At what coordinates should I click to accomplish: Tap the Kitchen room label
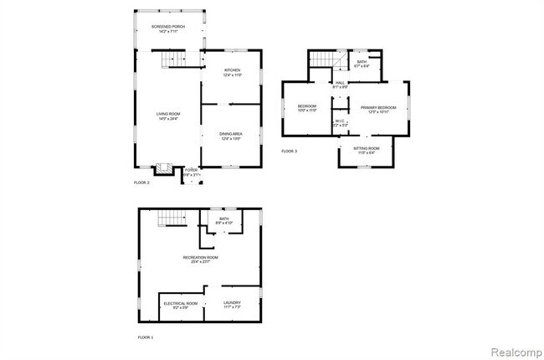[x=232, y=72]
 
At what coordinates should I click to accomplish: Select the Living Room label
[x=168, y=116]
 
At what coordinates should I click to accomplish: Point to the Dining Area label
[x=232, y=136]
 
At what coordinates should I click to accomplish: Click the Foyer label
[x=192, y=172]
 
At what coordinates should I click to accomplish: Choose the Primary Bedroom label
[x=378, y=110]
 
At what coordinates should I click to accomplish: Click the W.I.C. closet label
[x=340, y=123]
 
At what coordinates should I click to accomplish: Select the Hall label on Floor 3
[x=341, y=85]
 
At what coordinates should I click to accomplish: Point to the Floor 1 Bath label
[x=224, y=220]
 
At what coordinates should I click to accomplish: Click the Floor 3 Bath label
[x=362, y=64]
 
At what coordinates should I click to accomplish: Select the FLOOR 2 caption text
[x=142, y=182]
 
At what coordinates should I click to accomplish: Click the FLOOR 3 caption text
[x=289, y=151]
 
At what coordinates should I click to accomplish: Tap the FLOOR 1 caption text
[x=146, y=337]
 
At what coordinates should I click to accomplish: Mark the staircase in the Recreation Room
[x=170, y=219]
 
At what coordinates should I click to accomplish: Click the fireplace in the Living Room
[x=164, y=167]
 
